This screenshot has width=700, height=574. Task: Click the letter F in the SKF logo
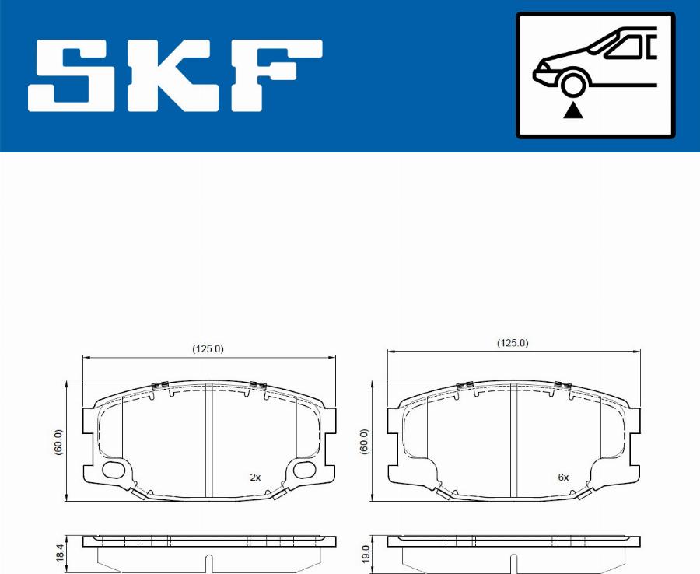[x=276, y=76]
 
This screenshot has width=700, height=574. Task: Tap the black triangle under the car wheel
[x=572, y=110]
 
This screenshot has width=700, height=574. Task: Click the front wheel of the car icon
[x=572, y=84]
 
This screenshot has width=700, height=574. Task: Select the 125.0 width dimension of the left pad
[x=208, y=349]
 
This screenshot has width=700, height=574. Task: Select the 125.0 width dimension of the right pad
[x=513, y=343]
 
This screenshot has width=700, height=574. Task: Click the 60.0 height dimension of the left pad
[x=58, y=442]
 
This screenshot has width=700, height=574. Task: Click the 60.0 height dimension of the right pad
[x=364, y=442]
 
